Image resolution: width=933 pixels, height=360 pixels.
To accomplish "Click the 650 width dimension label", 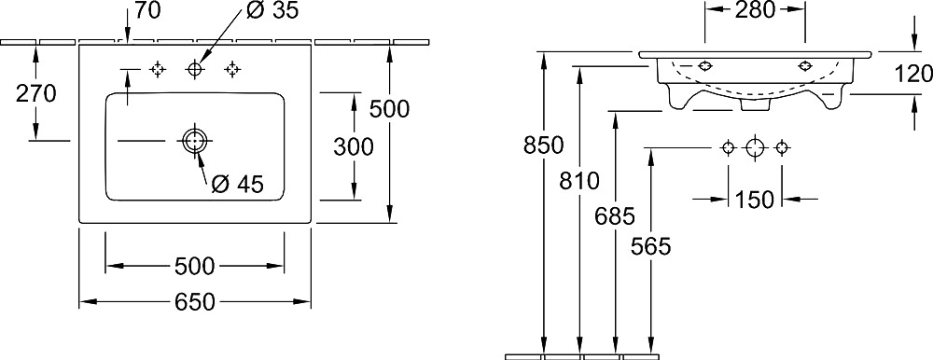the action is pyautogui.click(x=195, y=302).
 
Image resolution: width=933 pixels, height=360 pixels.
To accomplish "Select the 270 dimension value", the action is pyautogui.click(x=35, y=93).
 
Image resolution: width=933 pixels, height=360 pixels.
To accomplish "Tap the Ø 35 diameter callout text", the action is pyautogui.click(x=272, y=10).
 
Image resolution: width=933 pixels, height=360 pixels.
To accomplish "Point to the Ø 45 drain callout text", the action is pyautogui.click(x=237, y=185).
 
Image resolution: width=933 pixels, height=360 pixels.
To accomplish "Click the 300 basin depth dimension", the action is pyautogui.click(x=354, y=146).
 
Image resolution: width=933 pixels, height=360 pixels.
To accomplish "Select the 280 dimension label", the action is pyautogui.click(x=755, y=9).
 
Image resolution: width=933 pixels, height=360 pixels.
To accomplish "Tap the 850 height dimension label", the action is pyautogui.click(x=543, y=145).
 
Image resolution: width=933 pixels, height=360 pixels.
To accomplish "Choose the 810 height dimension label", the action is pyautogui.click(x=579, y=180).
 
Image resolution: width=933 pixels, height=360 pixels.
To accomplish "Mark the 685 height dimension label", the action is pyautogui.click(x=615, y=216).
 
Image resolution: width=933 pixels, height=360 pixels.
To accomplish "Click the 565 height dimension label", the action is pyautogui.click(x=651, y=246).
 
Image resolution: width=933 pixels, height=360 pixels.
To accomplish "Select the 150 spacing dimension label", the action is pyautogui.click(x=754, y=200).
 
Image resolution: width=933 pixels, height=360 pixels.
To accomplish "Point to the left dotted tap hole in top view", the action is pyautogui.click(x=157, y=70).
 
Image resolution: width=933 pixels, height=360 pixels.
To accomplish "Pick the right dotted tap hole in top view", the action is pyautogui.click(x=232, y=70).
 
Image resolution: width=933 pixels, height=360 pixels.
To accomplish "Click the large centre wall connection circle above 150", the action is pyautogui.click(x=755, y=147).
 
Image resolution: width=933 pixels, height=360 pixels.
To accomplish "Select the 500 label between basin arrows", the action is pyautogui.click(x=195, y=267).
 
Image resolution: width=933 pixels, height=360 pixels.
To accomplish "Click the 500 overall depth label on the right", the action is pyautogui.click(x=390, y=109).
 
